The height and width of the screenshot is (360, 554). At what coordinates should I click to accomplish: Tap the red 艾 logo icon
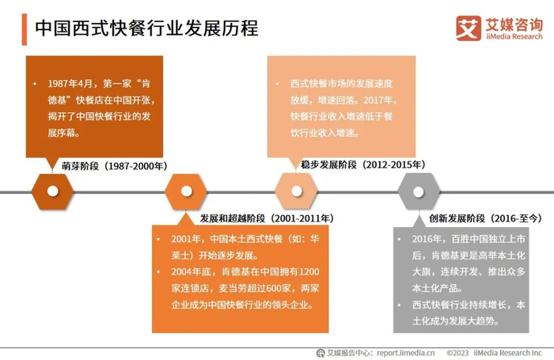[469, 28]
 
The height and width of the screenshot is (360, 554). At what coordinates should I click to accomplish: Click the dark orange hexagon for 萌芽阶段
[52, 191]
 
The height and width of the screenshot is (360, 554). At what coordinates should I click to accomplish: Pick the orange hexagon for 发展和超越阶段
[186, 191]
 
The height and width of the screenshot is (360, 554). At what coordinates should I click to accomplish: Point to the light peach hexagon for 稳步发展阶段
[295, 191]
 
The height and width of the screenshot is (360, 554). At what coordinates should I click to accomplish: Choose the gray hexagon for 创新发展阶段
[419, 191]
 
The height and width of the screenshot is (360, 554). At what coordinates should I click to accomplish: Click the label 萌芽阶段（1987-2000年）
[115, 166]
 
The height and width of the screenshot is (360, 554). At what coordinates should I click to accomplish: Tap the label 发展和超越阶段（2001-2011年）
[266, 218]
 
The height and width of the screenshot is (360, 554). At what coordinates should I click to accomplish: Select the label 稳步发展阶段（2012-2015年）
[363, 165]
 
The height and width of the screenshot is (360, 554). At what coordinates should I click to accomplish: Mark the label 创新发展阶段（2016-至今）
[485, 218]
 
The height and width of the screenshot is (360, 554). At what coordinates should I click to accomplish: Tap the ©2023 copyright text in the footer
[459, 353]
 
